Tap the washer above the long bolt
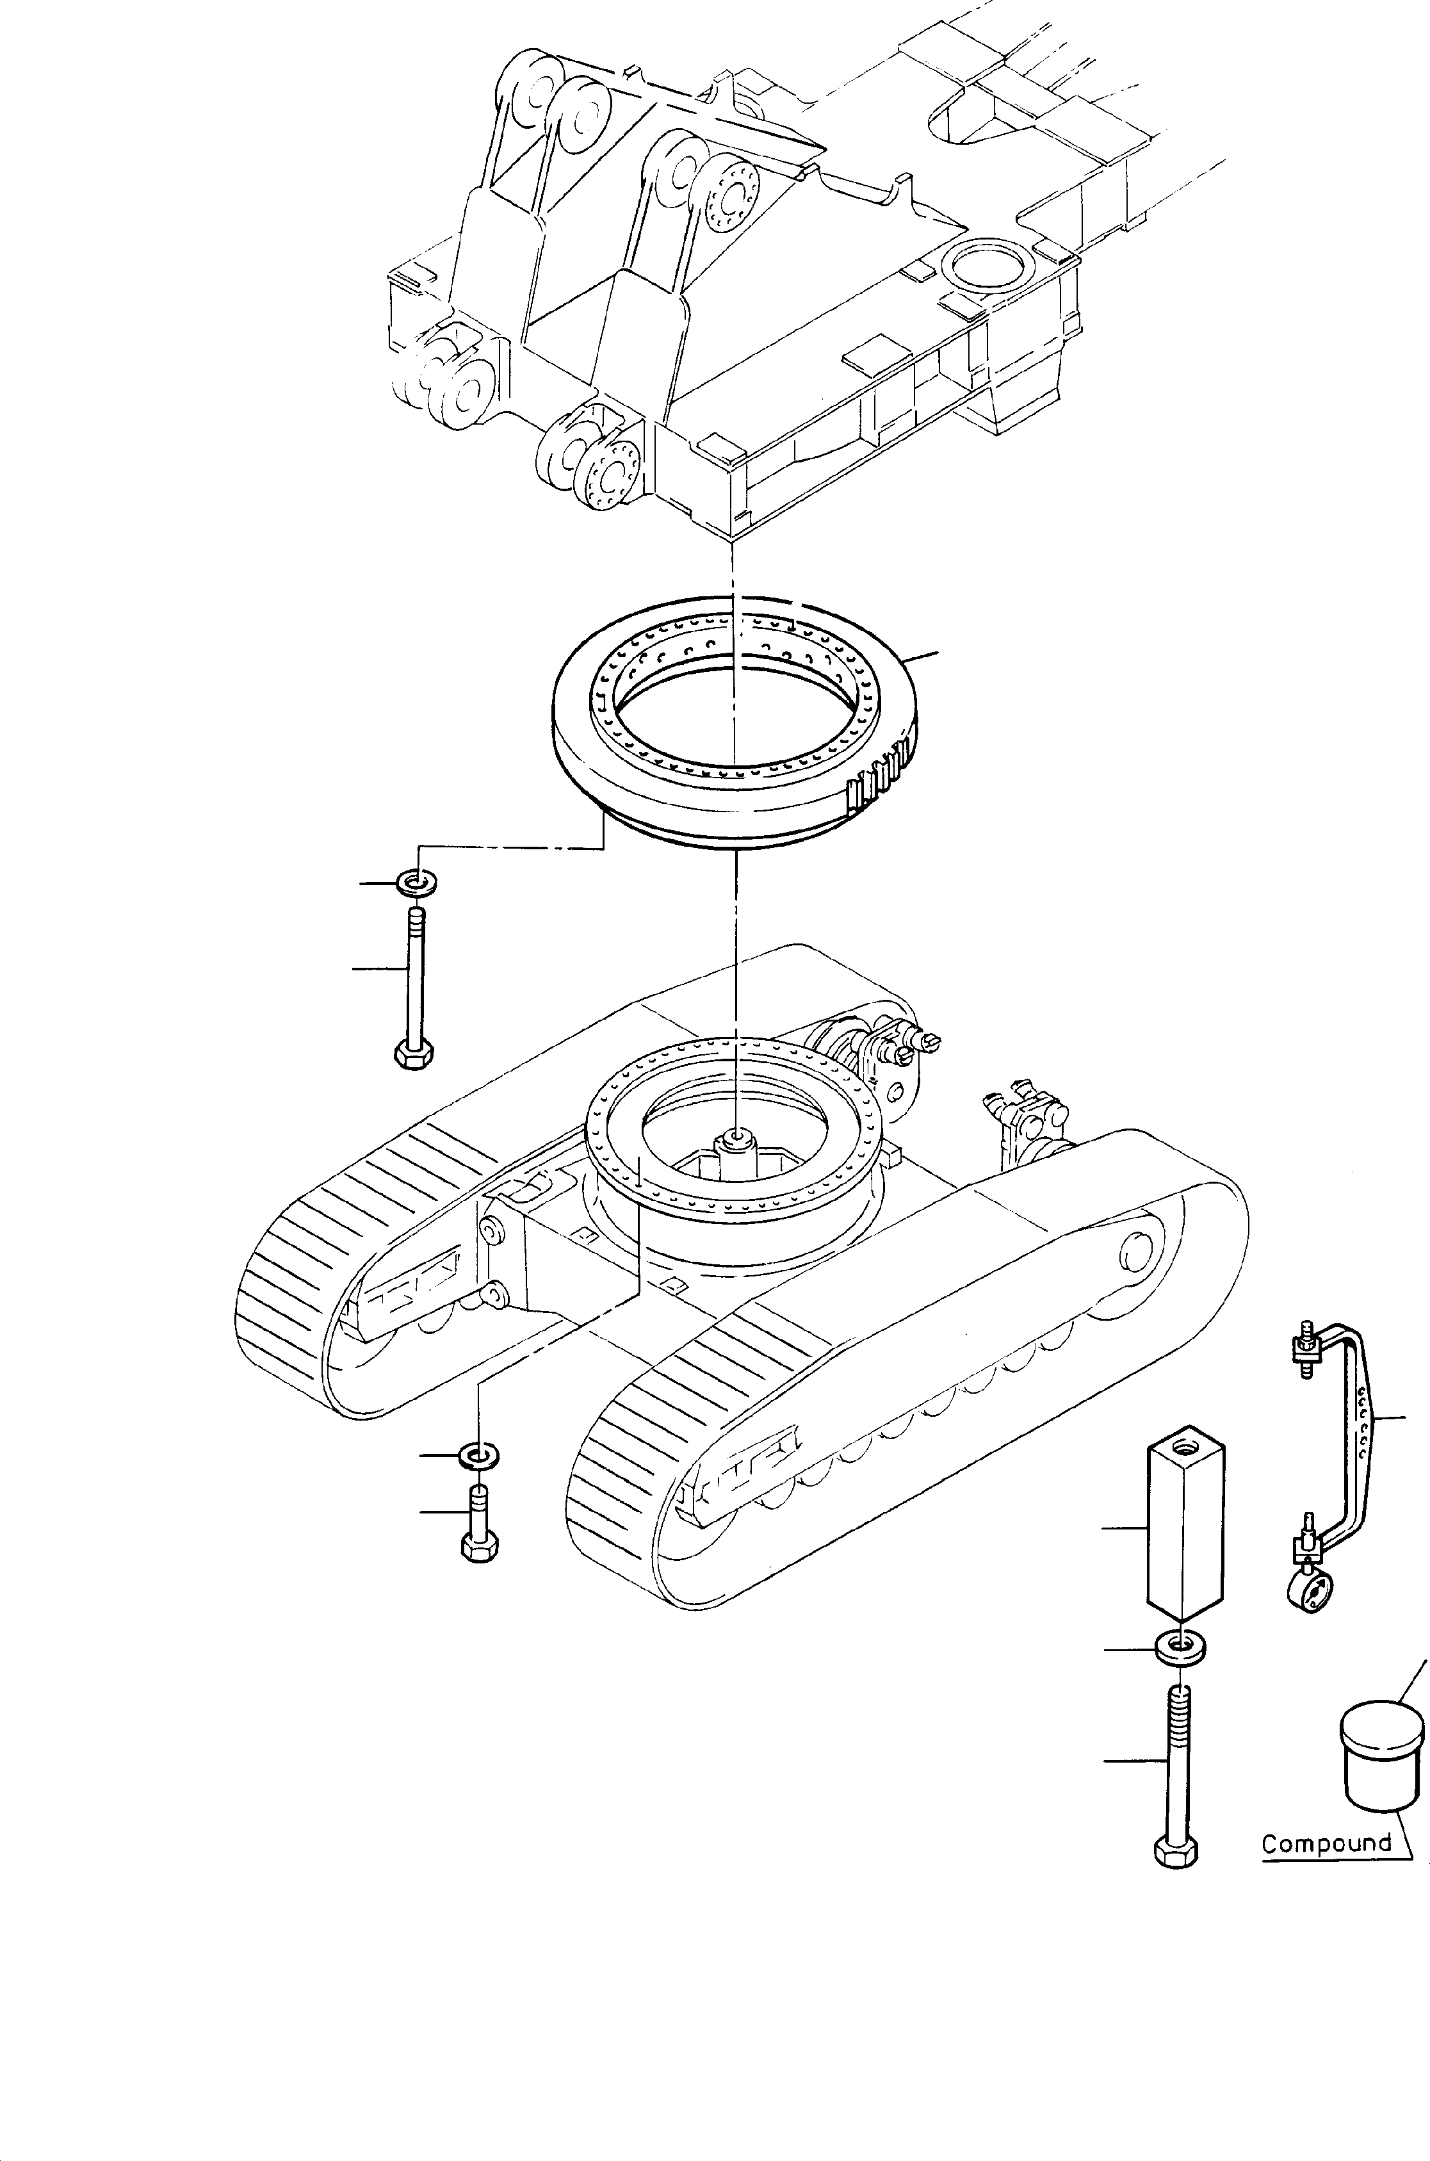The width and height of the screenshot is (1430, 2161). pyautogui.click(x=416, y=882)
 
